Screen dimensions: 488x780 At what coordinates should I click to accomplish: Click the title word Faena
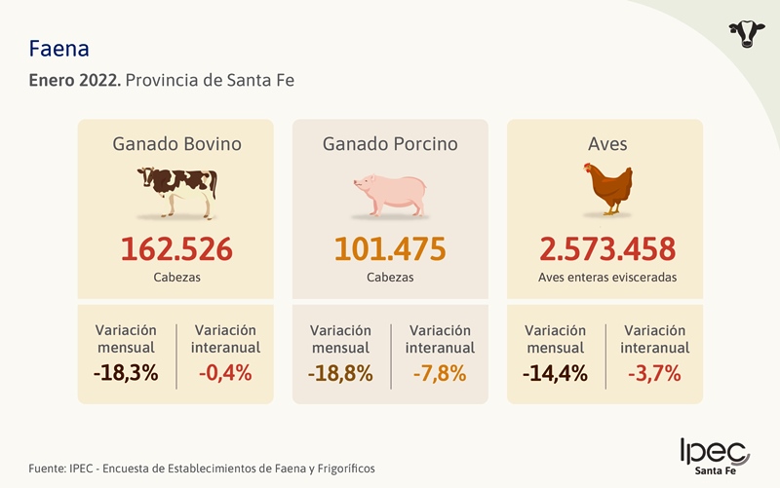[x=60, y=48]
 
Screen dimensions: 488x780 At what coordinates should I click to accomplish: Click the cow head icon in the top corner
[x=747, y=33]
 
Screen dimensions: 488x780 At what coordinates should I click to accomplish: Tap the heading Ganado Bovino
[x=176, y=144]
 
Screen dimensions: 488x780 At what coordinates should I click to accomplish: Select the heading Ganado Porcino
[x=390, y=144]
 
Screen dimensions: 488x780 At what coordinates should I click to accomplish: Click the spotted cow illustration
[x=176, y=192]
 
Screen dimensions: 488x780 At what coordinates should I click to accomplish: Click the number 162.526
[x=176, y=248]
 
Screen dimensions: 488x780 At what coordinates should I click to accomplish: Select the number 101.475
[x=390, y=248]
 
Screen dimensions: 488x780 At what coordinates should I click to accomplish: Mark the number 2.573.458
[x=606, y=248]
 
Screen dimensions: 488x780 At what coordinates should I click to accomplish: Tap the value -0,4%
[x=225, y=372]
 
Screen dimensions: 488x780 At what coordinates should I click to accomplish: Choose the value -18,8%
[x=340, y=372]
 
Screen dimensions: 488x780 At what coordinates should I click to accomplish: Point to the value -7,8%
[x=440, y=372]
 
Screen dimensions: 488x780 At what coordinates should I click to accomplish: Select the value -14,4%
[x=555, y=372]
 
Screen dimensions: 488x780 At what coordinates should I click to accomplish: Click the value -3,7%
[x=654, y=372]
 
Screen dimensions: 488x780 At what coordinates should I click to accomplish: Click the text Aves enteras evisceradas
[x=606, y=278]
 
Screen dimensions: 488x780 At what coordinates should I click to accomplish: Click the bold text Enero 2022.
[x=75, y=80]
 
